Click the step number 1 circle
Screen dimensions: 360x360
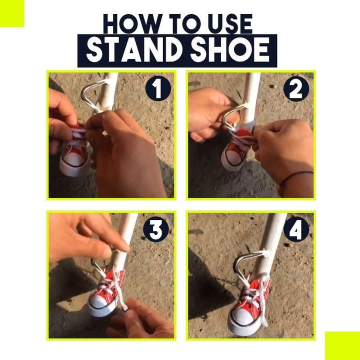pos(158,89)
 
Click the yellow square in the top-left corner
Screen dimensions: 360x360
pos(11,12)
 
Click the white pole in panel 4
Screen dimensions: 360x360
pos(272,235)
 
